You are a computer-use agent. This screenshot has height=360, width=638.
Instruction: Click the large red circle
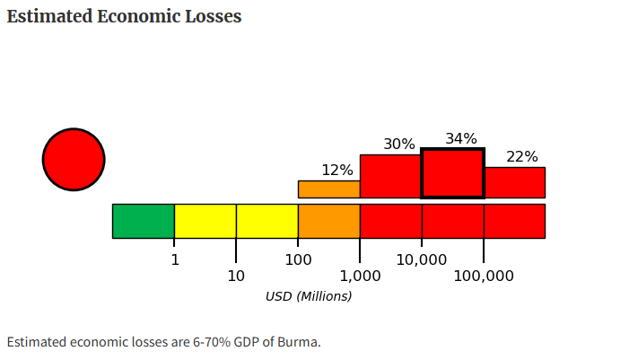[74, 160]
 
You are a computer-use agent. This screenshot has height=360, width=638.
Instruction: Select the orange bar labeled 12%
[329, 189]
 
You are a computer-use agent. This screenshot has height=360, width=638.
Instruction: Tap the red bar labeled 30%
[390, 176]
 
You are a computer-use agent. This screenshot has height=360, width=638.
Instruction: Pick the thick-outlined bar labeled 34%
[452, 173]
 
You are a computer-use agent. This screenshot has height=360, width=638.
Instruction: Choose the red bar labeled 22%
[514, 182]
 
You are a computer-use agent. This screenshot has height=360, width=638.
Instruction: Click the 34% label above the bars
[461, 138]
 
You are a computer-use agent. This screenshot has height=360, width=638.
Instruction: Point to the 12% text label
[337, 170]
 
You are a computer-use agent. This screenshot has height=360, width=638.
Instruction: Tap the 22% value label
[522, 156]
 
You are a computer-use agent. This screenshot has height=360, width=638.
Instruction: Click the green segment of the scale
[144, 221]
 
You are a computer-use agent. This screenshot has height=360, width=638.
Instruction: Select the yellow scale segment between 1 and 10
[205, 221]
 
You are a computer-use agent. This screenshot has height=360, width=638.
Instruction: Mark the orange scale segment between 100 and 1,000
[329, 221]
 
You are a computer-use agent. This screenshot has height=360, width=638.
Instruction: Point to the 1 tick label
[175, 259]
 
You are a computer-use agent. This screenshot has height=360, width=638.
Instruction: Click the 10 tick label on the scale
[236, 276]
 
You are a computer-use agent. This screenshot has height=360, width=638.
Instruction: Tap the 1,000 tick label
[359, 276]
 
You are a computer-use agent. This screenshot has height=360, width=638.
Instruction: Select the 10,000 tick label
[422, 259]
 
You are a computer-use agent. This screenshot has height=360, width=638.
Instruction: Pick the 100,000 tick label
[484, 276]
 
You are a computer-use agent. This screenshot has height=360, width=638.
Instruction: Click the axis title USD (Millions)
[309, 296]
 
